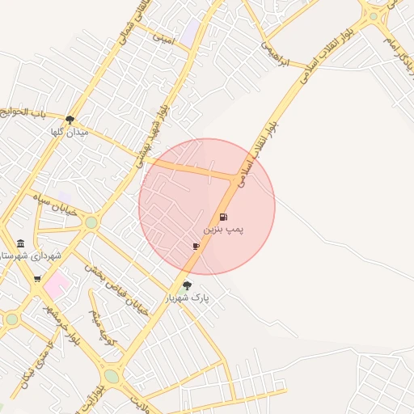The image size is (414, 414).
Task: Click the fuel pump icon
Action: pos(223,217)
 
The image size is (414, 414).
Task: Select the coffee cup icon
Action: pos(196,246)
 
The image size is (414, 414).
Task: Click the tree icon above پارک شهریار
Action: pos(188,285)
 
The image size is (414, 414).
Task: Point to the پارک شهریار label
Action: pos(188,298)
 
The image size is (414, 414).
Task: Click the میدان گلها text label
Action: pos(68,132)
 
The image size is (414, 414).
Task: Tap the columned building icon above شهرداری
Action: pos(20,243)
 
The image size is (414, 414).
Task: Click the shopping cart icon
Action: pos(37,279)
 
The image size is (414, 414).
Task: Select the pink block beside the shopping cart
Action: pos(57,284)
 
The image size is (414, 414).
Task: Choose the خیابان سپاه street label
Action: pos(53,203)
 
